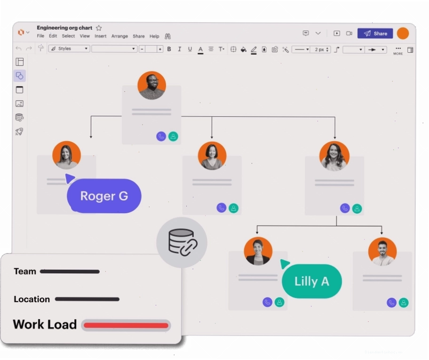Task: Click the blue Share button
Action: (x=375, y=33)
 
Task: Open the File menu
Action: (x=40, y=36)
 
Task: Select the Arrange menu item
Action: (x=119, y=36)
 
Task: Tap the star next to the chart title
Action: (x=99, y=28)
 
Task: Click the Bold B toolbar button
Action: (x=169, y=49)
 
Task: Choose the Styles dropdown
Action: (x=69, y=48)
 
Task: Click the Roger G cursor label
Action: (x=104, y=196)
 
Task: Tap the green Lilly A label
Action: (x=311, y=281)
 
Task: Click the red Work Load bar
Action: (x=126, y=325)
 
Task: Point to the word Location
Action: (x=32, y=299)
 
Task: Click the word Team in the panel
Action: (x=25, y=272)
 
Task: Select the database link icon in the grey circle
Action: (x=183, y=242)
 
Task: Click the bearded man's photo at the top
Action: (x=152, y=86)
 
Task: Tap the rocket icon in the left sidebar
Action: (x=19, y=132)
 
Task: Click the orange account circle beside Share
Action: (x=403, y=33)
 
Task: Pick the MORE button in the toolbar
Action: (x=398, y=51)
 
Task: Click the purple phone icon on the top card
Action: (x=161, y=136)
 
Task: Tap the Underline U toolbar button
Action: (x=190, y=49)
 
